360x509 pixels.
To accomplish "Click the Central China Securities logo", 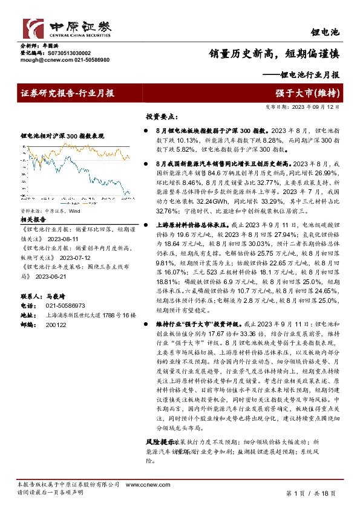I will click(x=67, y=27).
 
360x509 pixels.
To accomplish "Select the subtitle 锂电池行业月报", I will click(x=307, y=76).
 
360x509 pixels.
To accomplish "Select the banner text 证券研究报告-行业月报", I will click(x=67, y=93).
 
